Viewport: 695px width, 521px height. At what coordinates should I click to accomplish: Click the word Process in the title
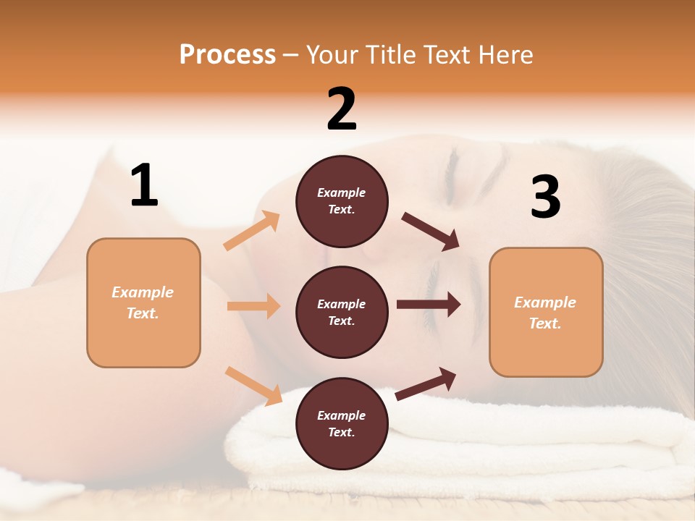tap(227, 54)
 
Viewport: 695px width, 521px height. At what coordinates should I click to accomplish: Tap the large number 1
tap(144, 185)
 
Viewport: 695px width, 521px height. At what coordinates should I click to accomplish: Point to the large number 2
tap(342, 109)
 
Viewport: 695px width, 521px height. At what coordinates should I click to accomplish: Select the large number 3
tap(545, 198)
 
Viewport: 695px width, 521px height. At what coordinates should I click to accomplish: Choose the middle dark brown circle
tap(342, 312)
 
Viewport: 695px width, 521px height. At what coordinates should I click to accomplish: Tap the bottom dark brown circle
tap(342, 423)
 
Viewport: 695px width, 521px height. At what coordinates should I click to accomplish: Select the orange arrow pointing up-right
tap(252, 231)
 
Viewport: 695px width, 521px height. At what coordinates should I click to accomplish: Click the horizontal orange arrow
tap(253, 306)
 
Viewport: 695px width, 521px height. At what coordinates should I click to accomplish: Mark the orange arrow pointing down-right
tap(253, 385)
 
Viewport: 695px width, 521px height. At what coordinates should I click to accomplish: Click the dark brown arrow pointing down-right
tap(431, 232)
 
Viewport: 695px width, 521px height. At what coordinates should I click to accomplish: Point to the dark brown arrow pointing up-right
tap(426, 384)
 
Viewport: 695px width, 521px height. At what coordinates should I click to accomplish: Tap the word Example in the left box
tap(143, 292)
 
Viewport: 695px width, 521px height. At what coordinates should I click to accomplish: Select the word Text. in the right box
tap(545, 323)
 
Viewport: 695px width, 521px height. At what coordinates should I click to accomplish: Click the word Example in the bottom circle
tap(341, 415)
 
